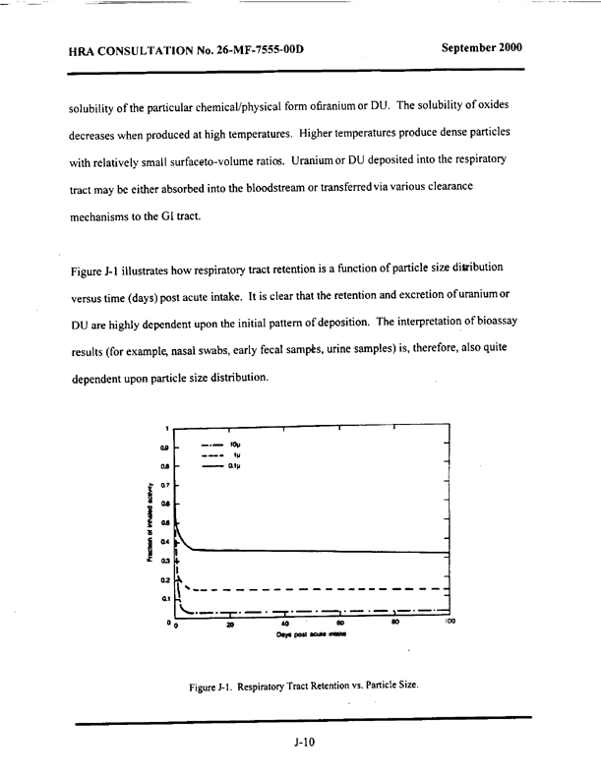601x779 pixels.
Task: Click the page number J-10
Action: click(303, 743)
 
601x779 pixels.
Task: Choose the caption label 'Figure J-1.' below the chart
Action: click(217, 686)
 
